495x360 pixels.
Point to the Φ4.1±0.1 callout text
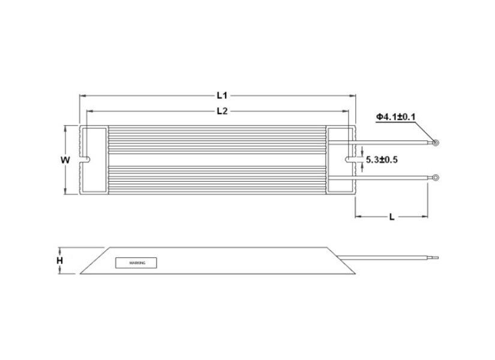396,116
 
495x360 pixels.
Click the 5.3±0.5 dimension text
382,160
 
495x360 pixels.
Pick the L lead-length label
391,217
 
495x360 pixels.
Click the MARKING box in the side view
136,263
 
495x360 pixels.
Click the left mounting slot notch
87,160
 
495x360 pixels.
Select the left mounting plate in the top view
94,144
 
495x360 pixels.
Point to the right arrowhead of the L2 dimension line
346,111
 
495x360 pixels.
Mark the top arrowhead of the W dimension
65,128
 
